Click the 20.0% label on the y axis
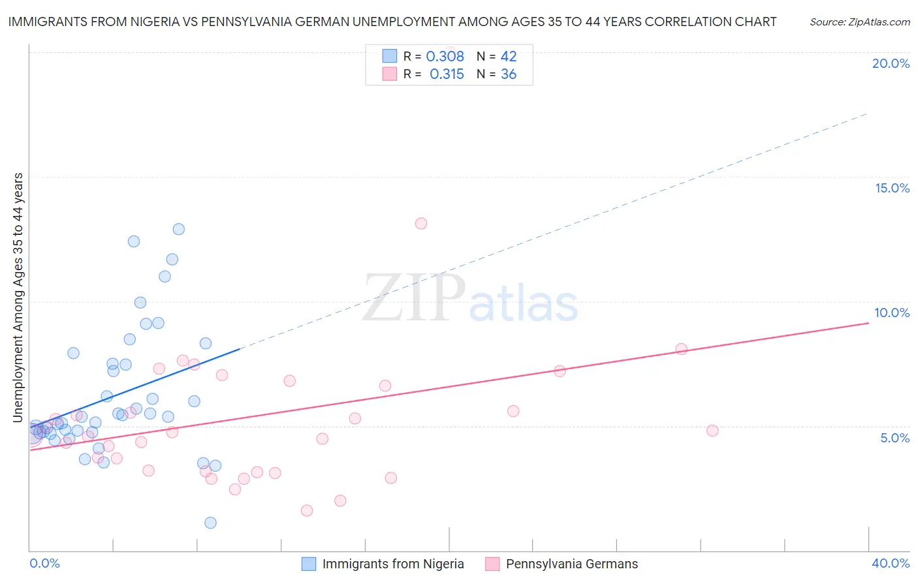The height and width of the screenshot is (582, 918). [891, 63]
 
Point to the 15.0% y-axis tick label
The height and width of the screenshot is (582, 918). [892, 188]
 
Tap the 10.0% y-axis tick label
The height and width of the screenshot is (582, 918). [892, 313]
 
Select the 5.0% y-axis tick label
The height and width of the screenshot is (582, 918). [894, 438]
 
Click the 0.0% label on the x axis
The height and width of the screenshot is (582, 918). [44, 563]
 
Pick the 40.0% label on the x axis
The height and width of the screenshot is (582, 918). [891, 563]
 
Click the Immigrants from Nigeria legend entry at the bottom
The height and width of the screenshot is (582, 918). [392, 564]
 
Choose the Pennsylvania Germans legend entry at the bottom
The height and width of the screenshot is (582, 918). [571, 564]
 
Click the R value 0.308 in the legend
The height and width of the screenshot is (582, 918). [445, 57]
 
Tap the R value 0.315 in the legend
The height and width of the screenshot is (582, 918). [447, 74]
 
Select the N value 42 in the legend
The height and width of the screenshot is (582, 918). [509, 57]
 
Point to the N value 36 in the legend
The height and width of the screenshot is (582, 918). [509, 74]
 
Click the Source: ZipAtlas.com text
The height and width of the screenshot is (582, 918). [859, 22]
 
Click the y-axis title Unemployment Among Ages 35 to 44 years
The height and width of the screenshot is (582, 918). [18, 297]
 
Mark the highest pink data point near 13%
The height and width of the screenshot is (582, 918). [421, 223]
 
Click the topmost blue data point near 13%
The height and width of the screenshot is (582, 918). [179, 229]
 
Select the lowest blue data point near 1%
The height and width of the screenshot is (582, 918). [210, 523]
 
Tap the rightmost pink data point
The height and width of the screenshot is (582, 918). [712, 431]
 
